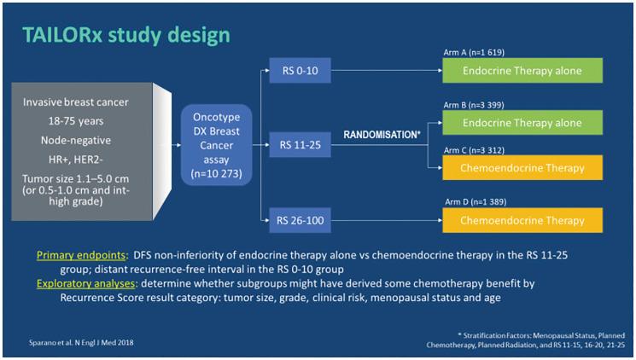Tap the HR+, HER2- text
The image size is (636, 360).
(74, 159)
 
